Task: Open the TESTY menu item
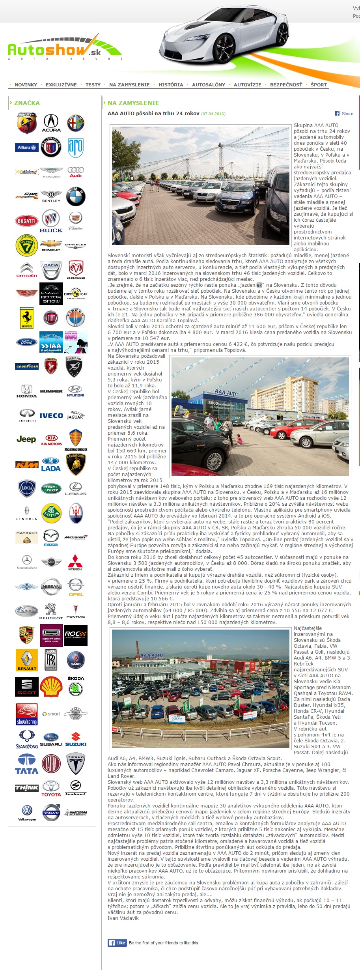tap(93, 85)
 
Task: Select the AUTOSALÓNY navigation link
tap(209, 85)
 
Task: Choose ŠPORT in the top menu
tap(319, 85)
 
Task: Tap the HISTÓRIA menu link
tap(171, 85)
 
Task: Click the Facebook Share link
tap(344, 114)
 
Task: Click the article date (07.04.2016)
tap(213, 114)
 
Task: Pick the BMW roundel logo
tap(75, 196)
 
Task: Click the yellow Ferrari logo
tap(27, 318)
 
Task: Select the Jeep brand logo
tap(26, 439)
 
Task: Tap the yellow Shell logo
tap(51, 687)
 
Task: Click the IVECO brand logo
tap(51, 415)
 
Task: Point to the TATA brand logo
tap(27, 764)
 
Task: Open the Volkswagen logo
tap(27, 813)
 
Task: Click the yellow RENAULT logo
tap(27, 660)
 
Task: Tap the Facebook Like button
tap(117, 943)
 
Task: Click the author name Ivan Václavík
tap(123, 918)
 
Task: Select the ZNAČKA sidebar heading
tap(27, 103)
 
